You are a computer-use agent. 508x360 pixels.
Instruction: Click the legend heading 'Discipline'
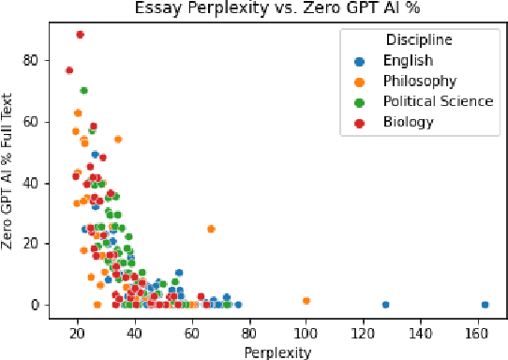tap(419, 40)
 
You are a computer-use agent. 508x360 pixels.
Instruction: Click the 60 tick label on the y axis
tap(36, 121)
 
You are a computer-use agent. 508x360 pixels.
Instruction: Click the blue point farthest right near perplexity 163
tap(485, 305)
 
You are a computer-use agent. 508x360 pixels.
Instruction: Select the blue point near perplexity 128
tap(385, 305)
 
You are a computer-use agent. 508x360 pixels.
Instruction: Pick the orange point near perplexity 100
tap(306, 301)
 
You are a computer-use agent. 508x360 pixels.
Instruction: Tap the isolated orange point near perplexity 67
tap(211, 229)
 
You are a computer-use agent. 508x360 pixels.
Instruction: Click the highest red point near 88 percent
tap(80, 35)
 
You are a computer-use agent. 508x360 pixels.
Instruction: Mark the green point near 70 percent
tap(83, 91)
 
